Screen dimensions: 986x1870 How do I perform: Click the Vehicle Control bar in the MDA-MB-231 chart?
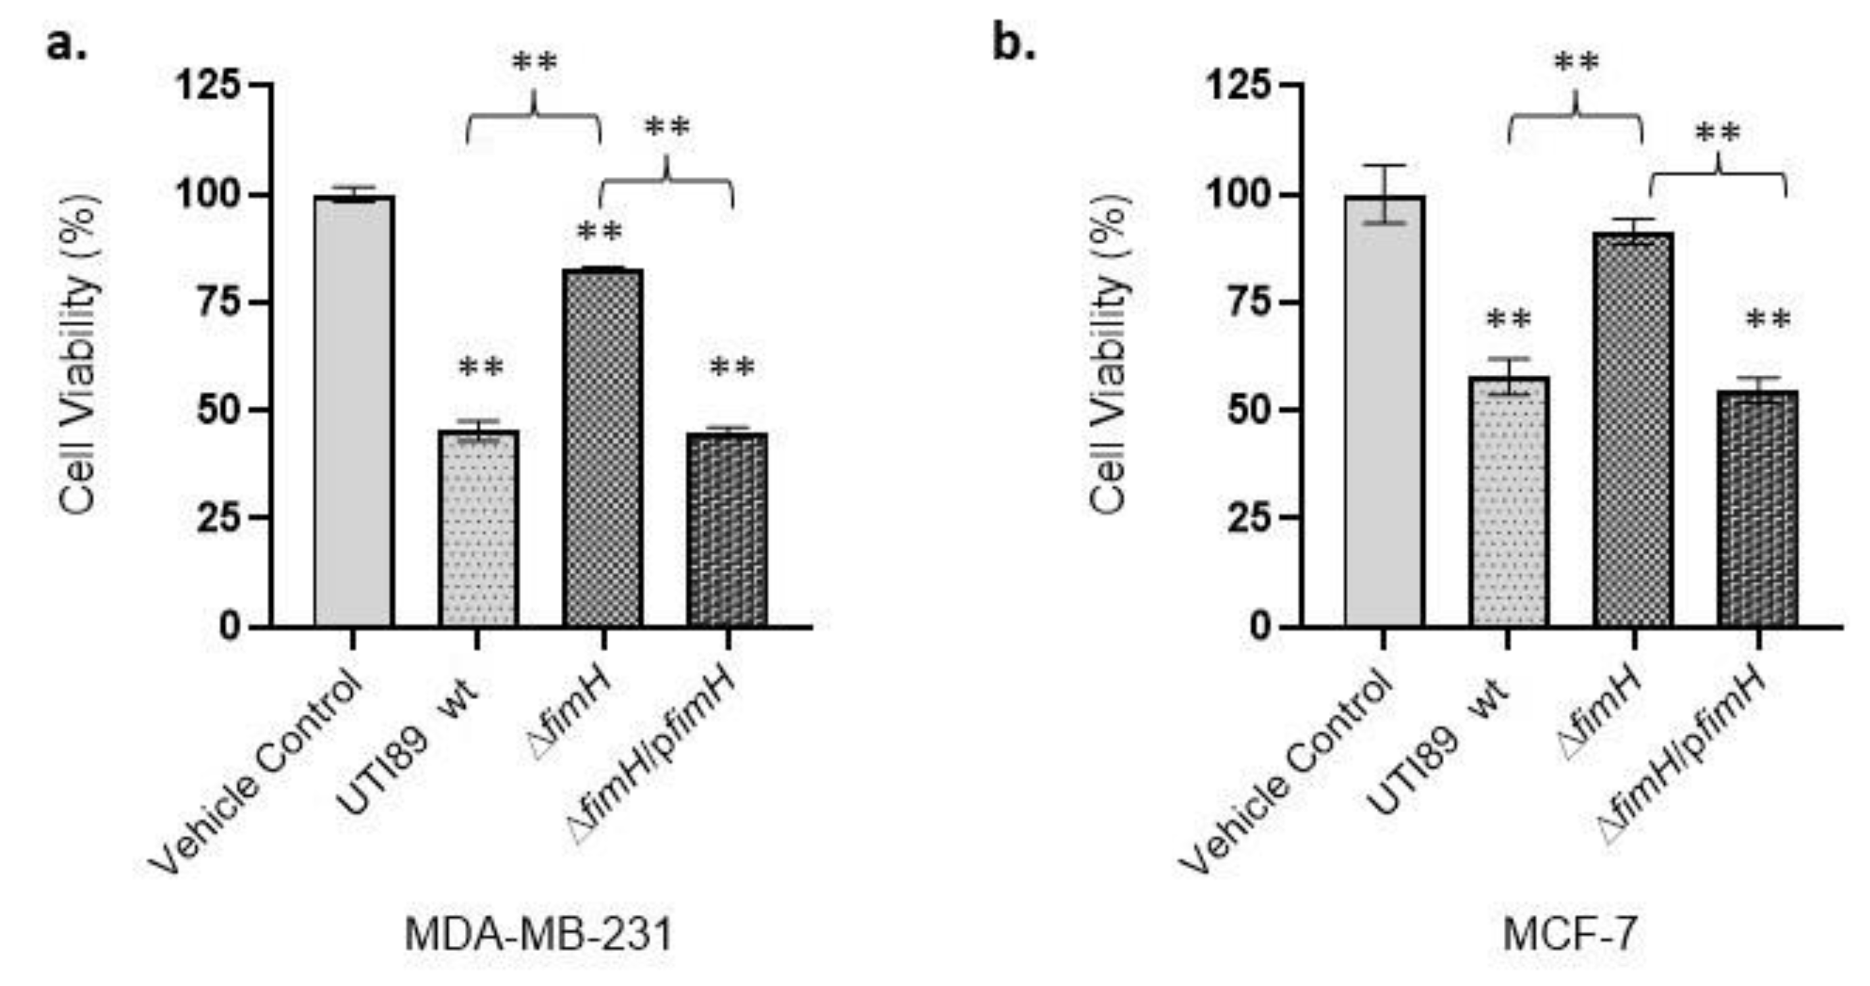pos(354,410)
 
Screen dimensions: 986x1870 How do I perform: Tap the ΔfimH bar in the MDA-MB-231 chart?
pos(602,447)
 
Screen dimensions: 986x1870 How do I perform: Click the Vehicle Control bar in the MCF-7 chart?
pos(1383,410)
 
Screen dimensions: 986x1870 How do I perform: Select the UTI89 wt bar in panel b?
pos(1508,501)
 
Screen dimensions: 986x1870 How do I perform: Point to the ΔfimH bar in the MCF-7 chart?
pos(1633,428)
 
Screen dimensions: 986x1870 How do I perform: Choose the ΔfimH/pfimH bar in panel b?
pos(1758,508)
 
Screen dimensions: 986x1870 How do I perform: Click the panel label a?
pos(67,45)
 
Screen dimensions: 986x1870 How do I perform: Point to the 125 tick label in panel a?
pos(209,86)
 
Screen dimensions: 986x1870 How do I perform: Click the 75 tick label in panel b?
pos(1250,302)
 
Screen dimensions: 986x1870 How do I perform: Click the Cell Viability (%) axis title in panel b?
pos(1109,356)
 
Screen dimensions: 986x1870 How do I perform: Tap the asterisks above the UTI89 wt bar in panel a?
pos(481,368)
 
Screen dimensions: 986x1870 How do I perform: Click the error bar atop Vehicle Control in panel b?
pos(1383,194)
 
